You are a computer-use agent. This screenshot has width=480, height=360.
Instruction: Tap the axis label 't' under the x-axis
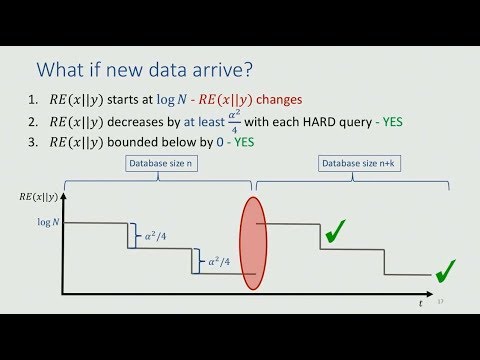click(421, 301)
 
